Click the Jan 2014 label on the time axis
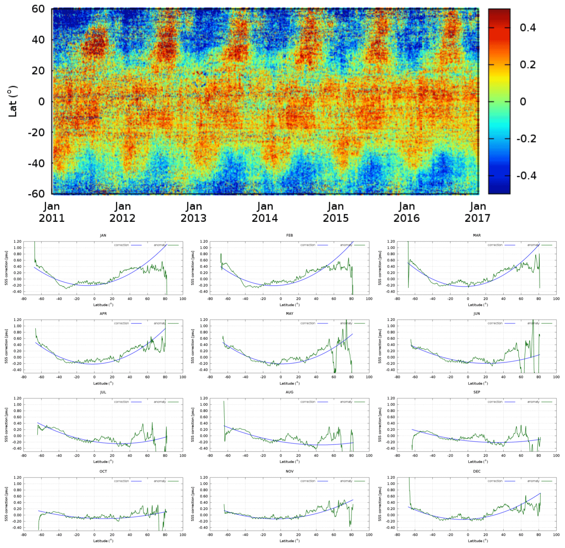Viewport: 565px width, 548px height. (265, 212)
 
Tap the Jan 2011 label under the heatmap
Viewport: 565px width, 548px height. (52, 212)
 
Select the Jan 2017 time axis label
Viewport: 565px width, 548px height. (478, 212)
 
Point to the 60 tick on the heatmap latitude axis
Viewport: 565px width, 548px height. (38, 9)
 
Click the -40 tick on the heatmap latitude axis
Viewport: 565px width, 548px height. (36, 163)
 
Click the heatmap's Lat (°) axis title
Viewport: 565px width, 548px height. (13, 101)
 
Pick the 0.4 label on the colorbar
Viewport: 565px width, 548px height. (528, 28)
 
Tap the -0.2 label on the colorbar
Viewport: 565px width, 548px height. (526, 139)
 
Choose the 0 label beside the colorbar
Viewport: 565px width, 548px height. (523, 102)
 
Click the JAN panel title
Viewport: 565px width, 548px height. (103, 235)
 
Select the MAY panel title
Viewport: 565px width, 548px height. (290, 314)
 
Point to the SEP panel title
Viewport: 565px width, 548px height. (477, 392)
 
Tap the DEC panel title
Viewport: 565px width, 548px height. (477, 471)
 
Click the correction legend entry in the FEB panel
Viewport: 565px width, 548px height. (308, 245)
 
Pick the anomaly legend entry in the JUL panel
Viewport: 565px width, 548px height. (160, 402)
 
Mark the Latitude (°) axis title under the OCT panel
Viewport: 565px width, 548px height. (103, 541)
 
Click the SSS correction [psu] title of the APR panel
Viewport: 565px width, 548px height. (6, 346)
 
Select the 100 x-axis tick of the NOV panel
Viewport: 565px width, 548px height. (369, 534)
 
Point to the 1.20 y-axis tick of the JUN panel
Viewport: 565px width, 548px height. (391, 320)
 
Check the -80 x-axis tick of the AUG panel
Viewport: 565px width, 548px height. (210, 456)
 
